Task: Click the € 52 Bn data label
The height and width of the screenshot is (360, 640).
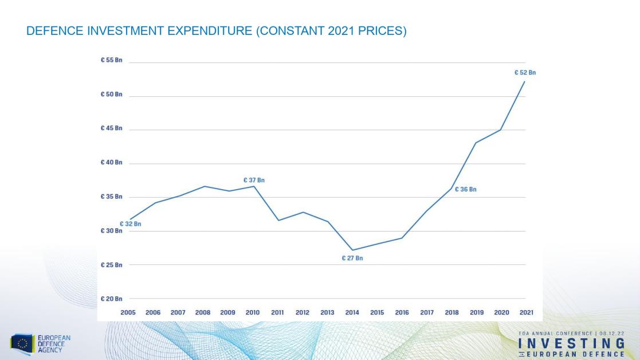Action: (x=525, y=73)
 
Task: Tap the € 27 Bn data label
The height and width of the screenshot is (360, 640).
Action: (x=352, y=259)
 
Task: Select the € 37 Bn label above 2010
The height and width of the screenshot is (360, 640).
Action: (x=254, y=180)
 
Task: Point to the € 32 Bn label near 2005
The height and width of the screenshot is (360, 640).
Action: (x=130, y=224)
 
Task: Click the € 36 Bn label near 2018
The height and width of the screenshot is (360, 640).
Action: (x=466, y=190)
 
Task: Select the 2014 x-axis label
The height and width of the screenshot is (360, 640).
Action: (x=352, y=312)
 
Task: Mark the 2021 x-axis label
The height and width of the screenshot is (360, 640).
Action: (x=525, y=312)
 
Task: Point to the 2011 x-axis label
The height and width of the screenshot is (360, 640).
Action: (x=278, y=312)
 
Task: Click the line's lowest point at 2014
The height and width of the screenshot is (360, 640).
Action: (x=352, y=250)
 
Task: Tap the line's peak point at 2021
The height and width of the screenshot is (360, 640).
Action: (x=525, y=81)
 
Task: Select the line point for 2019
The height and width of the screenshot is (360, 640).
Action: (x=476, y=143)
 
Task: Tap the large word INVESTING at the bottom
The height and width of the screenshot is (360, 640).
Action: (x=571, y=344)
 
